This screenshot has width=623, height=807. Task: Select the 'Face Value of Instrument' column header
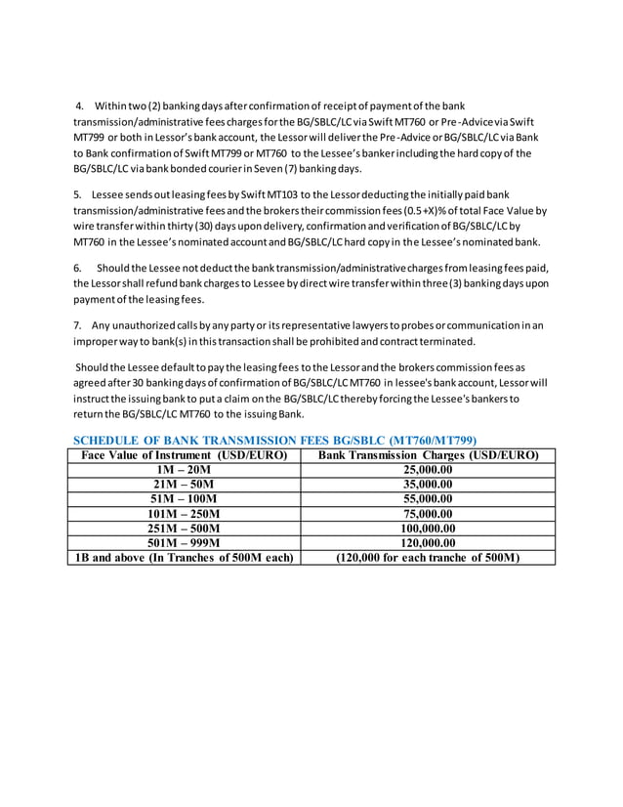184,454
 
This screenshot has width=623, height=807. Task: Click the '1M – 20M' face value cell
184,469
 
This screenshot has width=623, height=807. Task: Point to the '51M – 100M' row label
184,498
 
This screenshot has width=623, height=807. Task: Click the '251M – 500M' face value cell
184,528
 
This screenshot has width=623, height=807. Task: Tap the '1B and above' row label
184,558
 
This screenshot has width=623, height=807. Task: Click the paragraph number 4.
79,106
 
